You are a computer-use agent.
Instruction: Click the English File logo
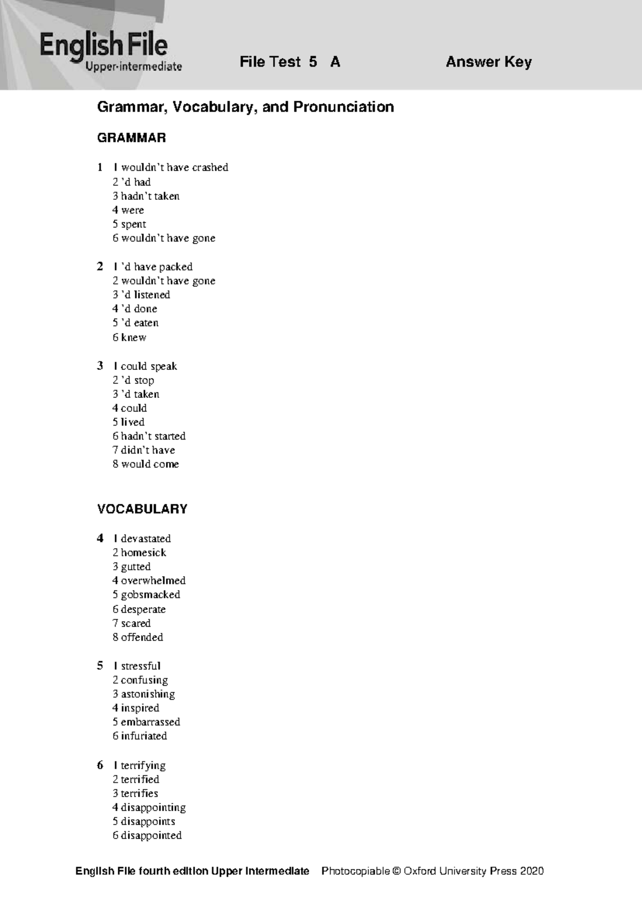click(x=111, y=51)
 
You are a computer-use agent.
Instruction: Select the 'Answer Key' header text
click(x=488, y=62)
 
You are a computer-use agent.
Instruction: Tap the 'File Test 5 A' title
click(x=290, y=62)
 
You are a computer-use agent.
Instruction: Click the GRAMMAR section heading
click(x=132, y=138)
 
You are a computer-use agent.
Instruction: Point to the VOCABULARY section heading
click(x=142, y=509)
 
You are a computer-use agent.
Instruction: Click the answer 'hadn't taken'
click(x=150, y=196)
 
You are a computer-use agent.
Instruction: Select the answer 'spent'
click(x=133, y=224)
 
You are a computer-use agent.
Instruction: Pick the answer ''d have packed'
click(x=156, y=267)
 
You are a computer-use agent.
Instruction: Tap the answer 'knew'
click(x=133, y=337)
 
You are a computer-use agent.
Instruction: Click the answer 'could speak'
click(x=149, y=366)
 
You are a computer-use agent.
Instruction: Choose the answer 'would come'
click(x=150, y=464)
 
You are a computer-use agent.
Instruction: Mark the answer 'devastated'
click(x=146, y=539)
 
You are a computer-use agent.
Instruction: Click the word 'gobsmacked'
click(x=150, y=595)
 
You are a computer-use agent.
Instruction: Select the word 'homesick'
click(x=143, y=553)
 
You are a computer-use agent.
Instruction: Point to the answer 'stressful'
click(x=140, y=666)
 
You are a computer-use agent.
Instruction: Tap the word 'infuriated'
click(x=144, y=736)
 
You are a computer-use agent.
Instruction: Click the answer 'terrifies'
click(x=139, y=793)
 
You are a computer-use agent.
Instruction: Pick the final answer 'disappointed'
click(x=151, y=835)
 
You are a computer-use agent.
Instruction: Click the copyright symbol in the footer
click(x=396, y=871)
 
